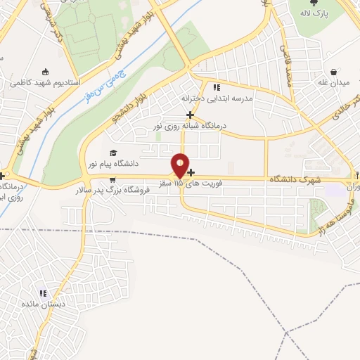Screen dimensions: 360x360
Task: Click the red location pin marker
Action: pyautogui.click(x=181, y=165)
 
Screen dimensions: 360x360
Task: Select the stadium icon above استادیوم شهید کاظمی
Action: pyautogui.click(x=46, y=71)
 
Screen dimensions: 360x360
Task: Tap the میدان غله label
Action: pyautogui.click(x=335, y=84)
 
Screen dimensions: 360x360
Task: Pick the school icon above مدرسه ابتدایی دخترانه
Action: pyautogui.click(x=217, y=88)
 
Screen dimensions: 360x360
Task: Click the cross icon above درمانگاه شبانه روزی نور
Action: pyautogui.click(x=189, y=115)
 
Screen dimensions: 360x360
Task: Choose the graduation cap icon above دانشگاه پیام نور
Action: pyautogui.click(x=112, y=153)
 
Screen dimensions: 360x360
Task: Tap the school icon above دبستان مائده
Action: pyautogui.click(x=43, y=293)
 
